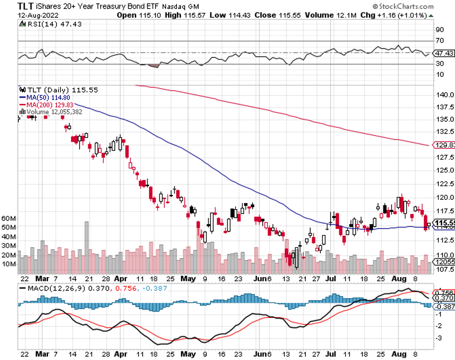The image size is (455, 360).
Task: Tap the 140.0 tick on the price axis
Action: tap(443, 95)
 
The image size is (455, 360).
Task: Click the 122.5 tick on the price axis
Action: tap(443, 184)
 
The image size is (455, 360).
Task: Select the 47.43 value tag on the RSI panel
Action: tap(444, 53)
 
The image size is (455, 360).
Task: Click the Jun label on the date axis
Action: tap(261, 280)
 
